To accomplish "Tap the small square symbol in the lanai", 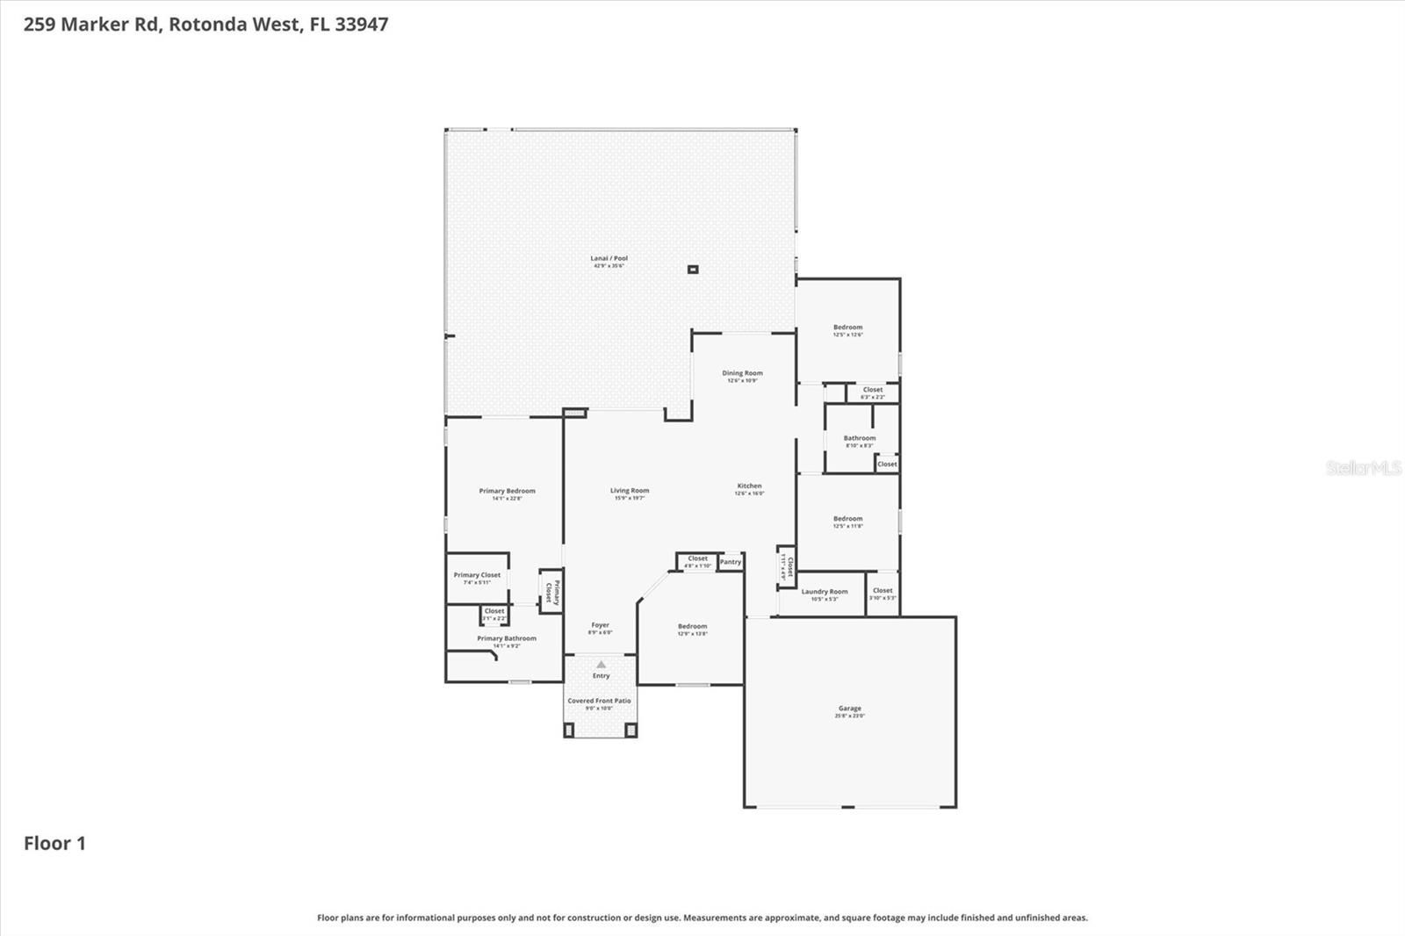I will pyautogui.click(x=693, y=270).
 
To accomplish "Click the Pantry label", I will pyautogui.click(x=731, y=562).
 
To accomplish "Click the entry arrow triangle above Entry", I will pyautogui.click(x=601, y=665).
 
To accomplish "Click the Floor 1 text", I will pyautogui.click(x=54, y=843).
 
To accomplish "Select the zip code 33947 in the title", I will pyautogui.click(x=361, y=25).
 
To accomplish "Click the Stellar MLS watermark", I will pyautogui.click(x=1363, y=468).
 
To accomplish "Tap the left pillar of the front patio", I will pyautogui.click(x=569, y=730).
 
